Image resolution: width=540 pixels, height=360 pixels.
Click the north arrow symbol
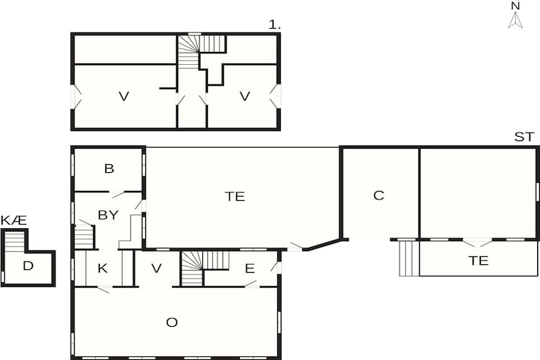[516, 20]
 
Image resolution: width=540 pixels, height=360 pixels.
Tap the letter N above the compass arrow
[516, 6]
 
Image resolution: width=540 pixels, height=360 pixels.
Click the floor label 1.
[274, 24]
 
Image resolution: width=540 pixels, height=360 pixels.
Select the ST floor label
[524, 137]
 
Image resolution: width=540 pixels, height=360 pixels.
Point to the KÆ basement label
[14, 220]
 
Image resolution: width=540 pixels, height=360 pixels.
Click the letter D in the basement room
[28, 266]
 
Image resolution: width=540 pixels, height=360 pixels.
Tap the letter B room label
[109, 168]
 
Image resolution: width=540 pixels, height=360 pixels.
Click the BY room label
[108, 215]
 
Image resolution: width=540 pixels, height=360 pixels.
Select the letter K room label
[103, 268]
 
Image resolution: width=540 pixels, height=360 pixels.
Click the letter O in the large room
[172, 323]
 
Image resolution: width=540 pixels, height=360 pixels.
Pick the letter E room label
[250, 269]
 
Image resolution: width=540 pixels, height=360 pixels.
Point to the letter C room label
[379, 195]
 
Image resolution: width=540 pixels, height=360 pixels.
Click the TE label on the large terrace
[235, 197]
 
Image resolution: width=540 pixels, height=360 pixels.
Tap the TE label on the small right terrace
[478, 261]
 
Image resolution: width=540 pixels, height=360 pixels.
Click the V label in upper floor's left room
[124, 96]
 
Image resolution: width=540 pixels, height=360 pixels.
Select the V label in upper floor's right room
[245, 96]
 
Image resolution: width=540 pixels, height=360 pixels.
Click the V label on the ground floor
[156, 269]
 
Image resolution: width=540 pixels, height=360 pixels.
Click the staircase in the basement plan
[14, 241]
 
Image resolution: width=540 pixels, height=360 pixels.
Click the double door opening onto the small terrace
[477, 243]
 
